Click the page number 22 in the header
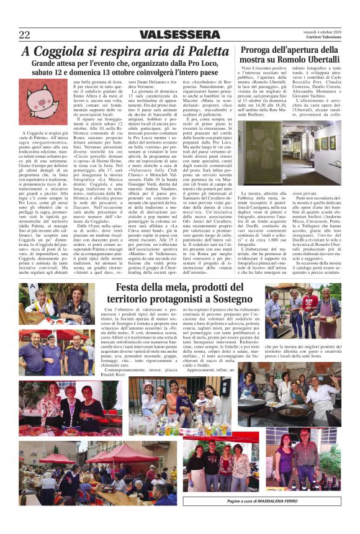(x=25, y=34)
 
